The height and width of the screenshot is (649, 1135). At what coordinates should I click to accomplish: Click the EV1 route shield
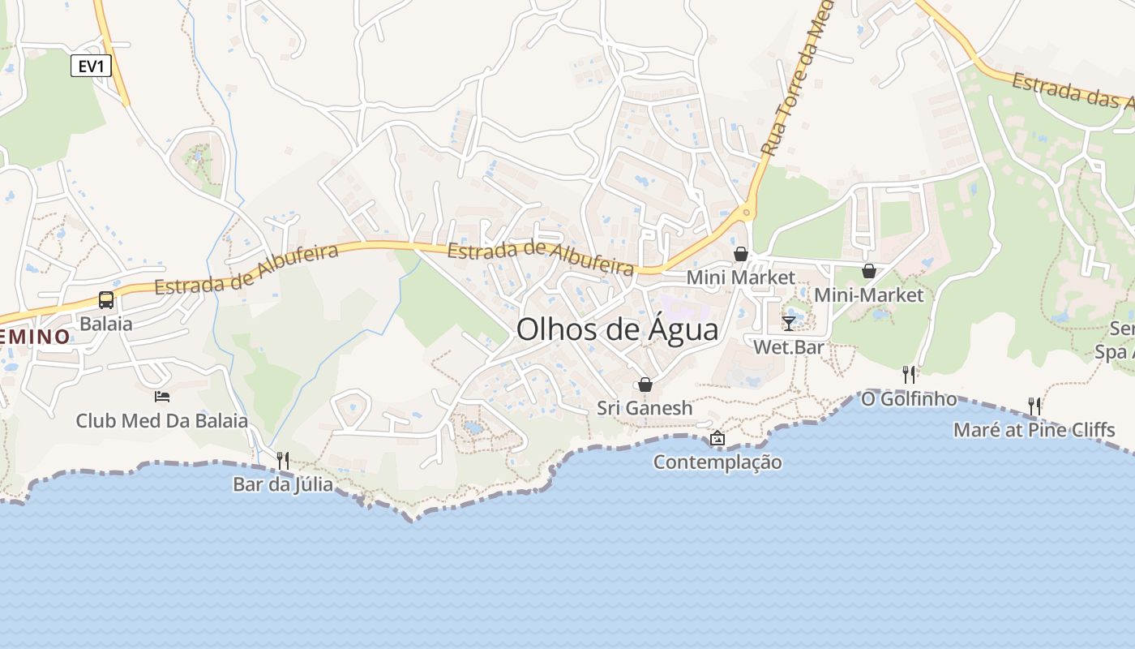coord(91,66)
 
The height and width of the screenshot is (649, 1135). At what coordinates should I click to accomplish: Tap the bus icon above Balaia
coord(106,300)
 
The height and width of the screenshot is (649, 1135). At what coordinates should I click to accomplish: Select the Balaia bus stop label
coord(106,324)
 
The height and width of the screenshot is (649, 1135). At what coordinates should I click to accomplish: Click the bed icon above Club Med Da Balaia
coord(162,397)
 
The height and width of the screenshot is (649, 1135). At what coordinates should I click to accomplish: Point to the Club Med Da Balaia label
coord(162,421)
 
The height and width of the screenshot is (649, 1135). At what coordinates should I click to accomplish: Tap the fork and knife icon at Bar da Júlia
coord(283,460)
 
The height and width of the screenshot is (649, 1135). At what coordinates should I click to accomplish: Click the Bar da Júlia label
coord(283,484)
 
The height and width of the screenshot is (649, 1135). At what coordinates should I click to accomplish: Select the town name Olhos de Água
coord(617,330)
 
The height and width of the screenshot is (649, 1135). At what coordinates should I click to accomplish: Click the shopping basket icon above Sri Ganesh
coord(645,385)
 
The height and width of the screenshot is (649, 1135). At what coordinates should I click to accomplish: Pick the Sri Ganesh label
coord(645,408)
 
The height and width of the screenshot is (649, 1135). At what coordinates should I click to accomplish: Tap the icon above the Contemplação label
coord(717,439)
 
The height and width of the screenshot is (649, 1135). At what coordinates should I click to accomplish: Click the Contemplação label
coord(717,462)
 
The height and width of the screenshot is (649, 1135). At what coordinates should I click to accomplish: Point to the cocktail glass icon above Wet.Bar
coord(789,324)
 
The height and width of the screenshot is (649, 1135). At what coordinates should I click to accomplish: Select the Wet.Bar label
coord(789,347)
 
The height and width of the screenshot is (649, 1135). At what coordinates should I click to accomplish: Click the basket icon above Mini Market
coord(741,254)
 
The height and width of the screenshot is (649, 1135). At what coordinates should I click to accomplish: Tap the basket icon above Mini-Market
coord(869,271)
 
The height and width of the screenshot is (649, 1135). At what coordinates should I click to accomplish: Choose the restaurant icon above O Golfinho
coord(909,374)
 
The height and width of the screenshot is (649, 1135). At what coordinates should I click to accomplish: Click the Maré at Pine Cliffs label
coord(1034,429)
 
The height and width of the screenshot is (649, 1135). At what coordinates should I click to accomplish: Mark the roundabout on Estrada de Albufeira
coord(747,212)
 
